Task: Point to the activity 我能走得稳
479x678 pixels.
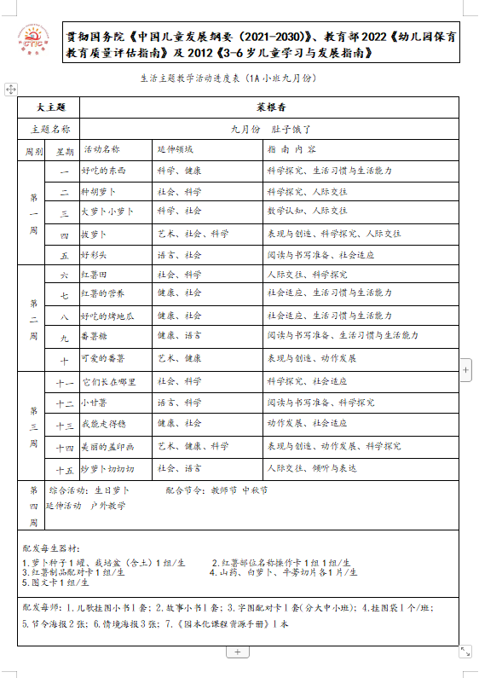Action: pyautogui.click(x=102, y=423)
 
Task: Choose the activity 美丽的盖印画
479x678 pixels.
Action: pyautogui.click(x=107, y=445)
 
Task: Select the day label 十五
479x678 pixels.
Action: pyautogui.click(x=64, y=469)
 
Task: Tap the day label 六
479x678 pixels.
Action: pyautogui.click(x=64, y=275)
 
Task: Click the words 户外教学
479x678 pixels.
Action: pyautogui.click(x=107, y=506)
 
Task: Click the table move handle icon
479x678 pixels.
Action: pyautogui.click(x=10, y=89)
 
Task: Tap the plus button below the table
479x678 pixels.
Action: pyautogui.click(x=237, y=652)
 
